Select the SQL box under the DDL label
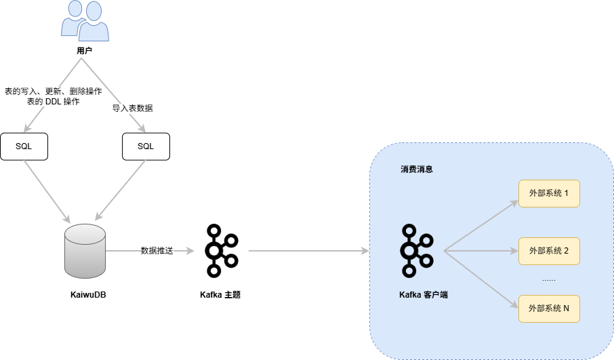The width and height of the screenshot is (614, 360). (24, 146)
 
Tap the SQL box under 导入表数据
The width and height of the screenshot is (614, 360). (146, 146)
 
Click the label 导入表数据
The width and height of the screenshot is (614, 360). (133, 108)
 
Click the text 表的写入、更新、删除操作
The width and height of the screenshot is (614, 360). (53, 92)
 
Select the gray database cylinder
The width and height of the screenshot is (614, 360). (85, 251)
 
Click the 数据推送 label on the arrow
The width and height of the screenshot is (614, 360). (157, 251)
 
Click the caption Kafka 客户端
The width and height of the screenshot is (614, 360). (424, 296)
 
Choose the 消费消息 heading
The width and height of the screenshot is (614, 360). (417, 169)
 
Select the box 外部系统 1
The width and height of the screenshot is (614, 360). (549, 194)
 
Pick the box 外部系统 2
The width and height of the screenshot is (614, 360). (549, 251)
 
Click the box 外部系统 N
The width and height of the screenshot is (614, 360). (549, 308)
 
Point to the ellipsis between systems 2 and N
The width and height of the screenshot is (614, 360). (549, 279)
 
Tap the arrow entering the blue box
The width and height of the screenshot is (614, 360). (308, 251)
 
